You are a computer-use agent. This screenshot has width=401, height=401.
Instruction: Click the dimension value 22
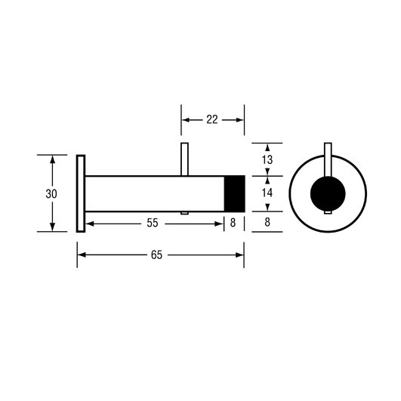coord(212,119)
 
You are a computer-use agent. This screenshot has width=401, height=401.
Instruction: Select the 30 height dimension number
coord(51,194)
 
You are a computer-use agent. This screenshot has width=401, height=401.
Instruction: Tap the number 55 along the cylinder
coord(153,223)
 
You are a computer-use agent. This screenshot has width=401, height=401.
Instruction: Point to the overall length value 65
coord(156,255)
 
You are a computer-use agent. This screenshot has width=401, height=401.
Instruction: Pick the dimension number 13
coord(267,160)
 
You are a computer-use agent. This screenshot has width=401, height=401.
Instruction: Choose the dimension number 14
coord(267,193)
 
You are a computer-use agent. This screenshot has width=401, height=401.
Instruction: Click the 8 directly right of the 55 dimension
coord(233,223)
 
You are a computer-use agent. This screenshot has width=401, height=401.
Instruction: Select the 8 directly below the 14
coord(267,222)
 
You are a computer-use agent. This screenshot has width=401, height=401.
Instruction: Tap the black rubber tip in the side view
coord(235,193)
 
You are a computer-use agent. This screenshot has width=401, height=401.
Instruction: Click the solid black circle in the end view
coord(328,193)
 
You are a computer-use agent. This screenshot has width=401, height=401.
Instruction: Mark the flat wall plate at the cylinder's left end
coord(81,193)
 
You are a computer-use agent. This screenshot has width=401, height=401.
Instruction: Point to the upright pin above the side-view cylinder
coord(184,159)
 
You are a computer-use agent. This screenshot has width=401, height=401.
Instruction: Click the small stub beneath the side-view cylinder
coord(184,213)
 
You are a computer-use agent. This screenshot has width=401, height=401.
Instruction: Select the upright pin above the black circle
coord(328,159)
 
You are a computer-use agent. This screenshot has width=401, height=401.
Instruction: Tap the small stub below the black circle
coord(328,212)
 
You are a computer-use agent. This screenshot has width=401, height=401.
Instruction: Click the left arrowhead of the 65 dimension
coord(82,255)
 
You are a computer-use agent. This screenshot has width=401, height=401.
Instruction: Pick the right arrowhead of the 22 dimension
coord(240,120)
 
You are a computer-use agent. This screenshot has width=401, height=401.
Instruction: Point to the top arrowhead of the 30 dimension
coord(52,159)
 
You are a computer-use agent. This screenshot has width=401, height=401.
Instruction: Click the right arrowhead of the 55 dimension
coord(219,224)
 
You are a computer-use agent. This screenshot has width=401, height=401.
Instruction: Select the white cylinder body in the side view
coord(155,193)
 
